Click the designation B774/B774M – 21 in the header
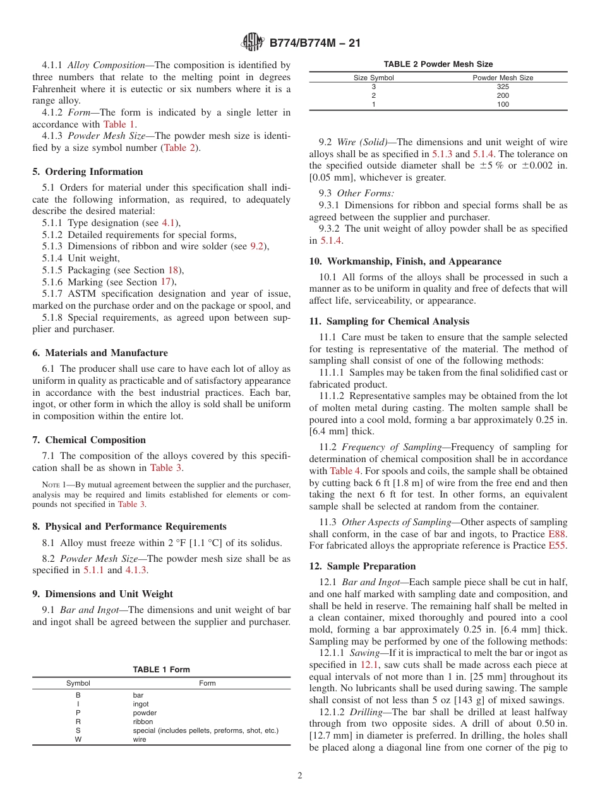[x=315, y=44]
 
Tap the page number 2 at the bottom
[x=300, y=776]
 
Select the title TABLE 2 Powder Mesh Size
[x=438, y=64]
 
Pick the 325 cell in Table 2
[x=503, y=86]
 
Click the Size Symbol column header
[x=373, y=78]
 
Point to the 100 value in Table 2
[x=503, y=105]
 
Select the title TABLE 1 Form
[x=161, y=670]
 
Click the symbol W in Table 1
[x=78, y=739]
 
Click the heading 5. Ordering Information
[x=88, y=172]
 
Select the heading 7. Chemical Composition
[x=89, y=440]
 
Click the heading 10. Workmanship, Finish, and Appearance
[x=405, y=261]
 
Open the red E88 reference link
[x=558, y=534]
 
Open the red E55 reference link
[x=558, y=545]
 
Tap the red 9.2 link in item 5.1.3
[x=256, y=246]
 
